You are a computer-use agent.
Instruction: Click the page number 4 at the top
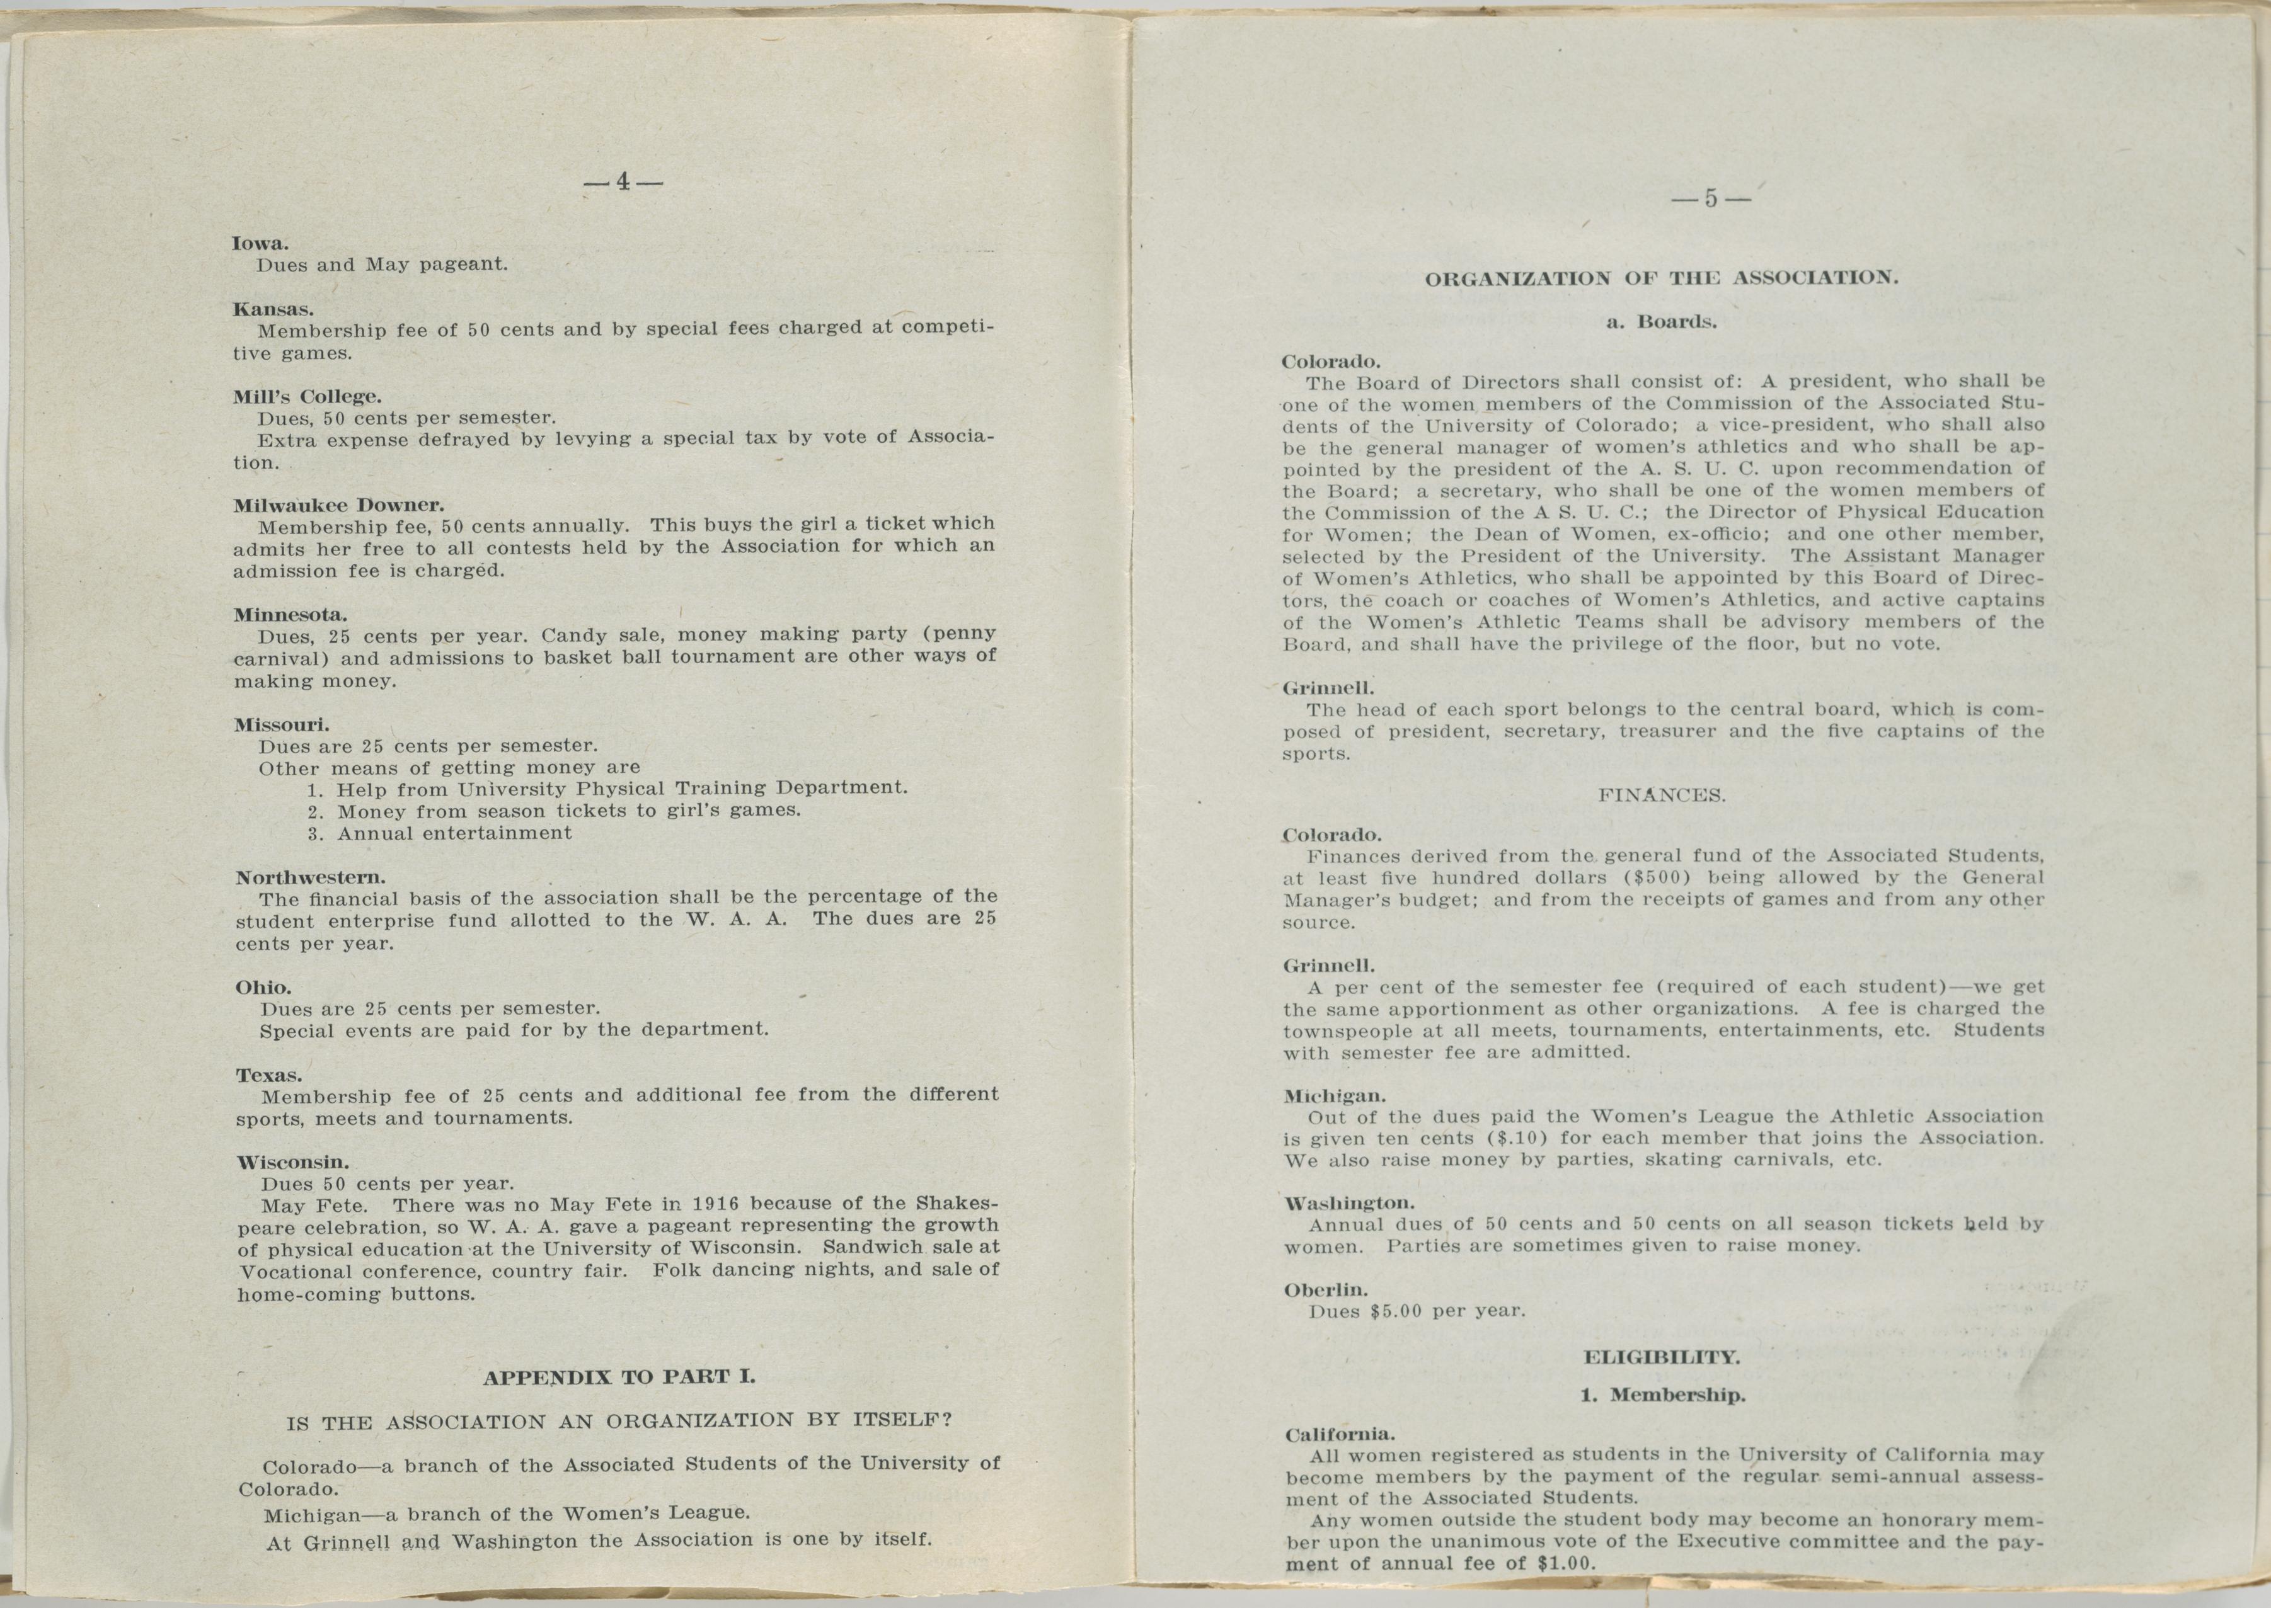click(x=623, y=182)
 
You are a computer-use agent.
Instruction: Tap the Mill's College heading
click(x=306, y=396)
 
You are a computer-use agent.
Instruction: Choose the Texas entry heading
click(x=268, y=1075)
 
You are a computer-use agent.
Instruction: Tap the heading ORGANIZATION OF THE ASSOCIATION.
click(x=1661, y=278)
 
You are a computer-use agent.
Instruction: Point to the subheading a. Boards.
click(x=1661, y=322)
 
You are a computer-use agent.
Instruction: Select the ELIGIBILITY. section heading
click(x=1661, y=1357)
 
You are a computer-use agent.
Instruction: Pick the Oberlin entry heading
click(x=1325, y=1290)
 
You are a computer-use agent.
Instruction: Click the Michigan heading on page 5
click(x=1333, y=1096)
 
